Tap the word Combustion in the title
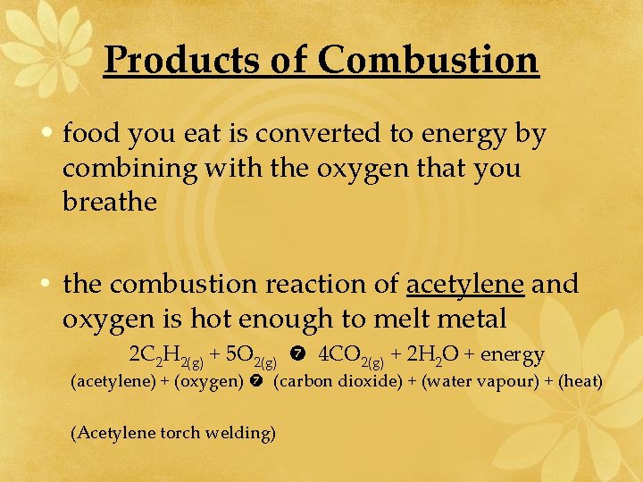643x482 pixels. [428, 60]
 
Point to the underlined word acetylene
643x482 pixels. [464, 285]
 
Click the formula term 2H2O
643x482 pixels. [433, 354]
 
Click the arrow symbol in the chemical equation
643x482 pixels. [298, 355]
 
